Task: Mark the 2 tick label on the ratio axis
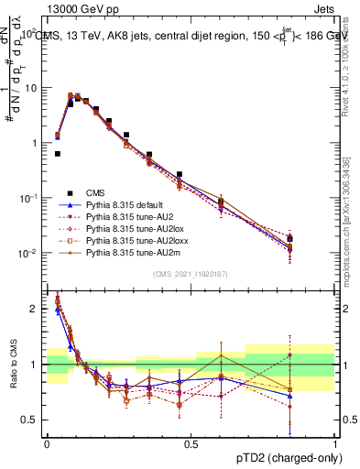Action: [x=34, y=309]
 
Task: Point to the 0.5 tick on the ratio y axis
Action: [x=31, y=420]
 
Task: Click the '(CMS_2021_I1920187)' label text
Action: [x=190, y=274]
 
